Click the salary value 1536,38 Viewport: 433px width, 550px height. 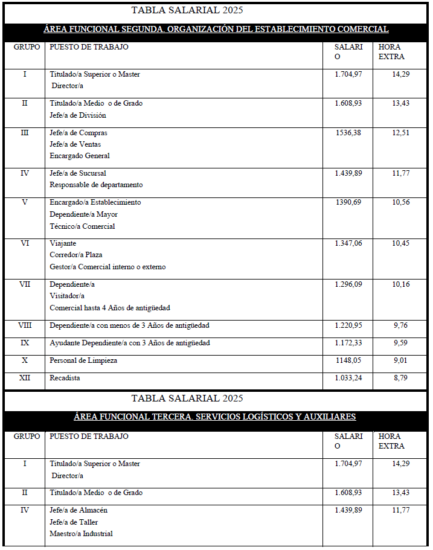coord(348,133)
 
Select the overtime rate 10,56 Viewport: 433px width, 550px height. coord(400,202)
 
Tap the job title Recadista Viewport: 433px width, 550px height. coord(65,378)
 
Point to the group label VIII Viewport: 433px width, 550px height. coord(25,325)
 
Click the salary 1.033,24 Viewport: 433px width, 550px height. coord(348,378)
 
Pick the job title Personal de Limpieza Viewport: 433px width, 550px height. coord(83,360)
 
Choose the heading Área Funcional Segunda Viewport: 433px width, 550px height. coord(216,29)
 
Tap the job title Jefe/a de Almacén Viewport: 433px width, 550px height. coord(79,510)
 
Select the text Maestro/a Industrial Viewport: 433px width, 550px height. coord(81,533)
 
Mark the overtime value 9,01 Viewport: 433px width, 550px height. coord(400,360)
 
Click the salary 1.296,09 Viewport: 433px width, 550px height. coord(348,284)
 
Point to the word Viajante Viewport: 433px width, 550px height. coord(63,243)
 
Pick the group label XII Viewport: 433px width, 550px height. coord(25,378)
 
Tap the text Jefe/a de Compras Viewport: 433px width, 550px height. coord(79,133)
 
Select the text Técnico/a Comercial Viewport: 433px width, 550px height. coord(82,226)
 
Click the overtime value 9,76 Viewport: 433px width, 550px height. coord(400,325)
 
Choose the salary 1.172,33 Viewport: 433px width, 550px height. coord(348,343)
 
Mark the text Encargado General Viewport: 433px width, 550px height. coord(80,156)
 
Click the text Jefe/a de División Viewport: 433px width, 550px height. coord(78,115)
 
